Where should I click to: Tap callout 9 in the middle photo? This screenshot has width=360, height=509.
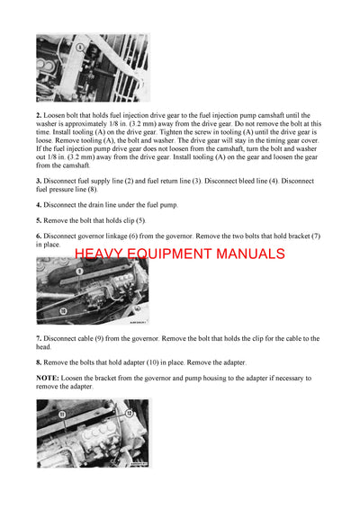pyautogui.click(x=79, y=270)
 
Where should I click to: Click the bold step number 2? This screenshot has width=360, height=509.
pyautogui.click(x=39, y=116)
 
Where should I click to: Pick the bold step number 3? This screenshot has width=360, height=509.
pyautogui.click(x=39, y=181)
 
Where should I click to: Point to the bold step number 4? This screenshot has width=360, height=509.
pyautogui.click(x=39, y=205)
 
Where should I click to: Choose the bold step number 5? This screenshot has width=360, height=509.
pyautogui.click(x=39, y=220)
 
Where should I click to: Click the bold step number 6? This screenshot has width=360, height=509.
pyautogui.click(x=39, y=236)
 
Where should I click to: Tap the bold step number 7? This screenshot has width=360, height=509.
pyautogui.click(x=39, y=339)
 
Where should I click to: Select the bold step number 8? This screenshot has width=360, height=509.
pyautogui.click(x=39, y=362)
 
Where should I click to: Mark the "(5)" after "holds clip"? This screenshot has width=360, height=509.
pyautogui.click(x=139, y=220)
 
